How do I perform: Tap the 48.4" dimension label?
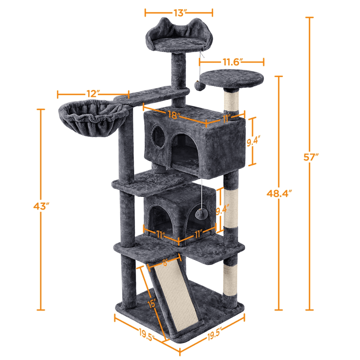(279, 193)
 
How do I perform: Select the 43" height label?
(40, 206)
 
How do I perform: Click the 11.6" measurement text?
(231, 62)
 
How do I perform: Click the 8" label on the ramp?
(165, 264)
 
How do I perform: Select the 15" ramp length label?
(152, 303)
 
